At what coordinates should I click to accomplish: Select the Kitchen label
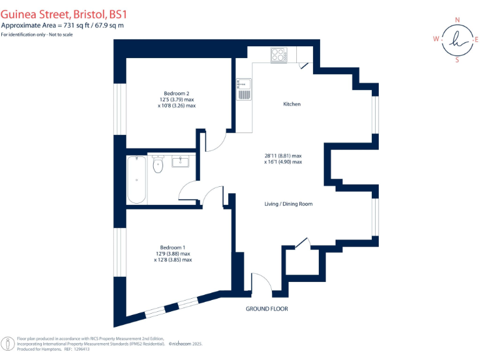pos(292,104)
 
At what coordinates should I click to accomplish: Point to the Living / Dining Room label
pos(289,204)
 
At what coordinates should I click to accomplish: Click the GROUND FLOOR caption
pos(267,309)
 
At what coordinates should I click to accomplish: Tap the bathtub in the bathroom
pos(137,180)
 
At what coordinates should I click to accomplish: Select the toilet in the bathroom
pos(157,166)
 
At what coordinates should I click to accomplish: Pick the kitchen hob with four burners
pos(278,56)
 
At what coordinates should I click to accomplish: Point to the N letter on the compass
pos(457,20)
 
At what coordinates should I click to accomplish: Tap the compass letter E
pos(477,39)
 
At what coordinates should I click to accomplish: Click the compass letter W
pos(436,39)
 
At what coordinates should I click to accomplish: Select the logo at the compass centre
pos(457,41)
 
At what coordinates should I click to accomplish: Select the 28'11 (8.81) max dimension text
pos(283,155)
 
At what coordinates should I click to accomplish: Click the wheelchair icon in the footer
pos(8,344)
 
